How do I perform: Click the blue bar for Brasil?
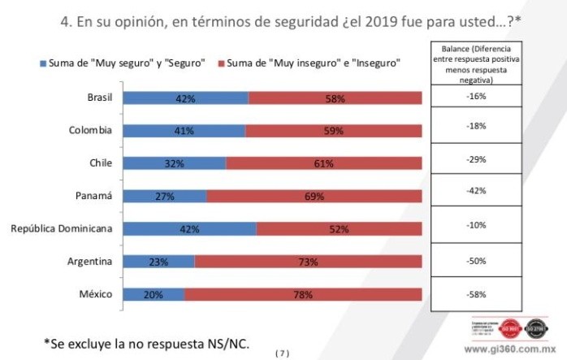coord(185,98)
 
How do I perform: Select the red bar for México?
coord(303,294)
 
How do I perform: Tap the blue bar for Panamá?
coord(165,196)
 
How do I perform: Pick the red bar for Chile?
coord(323,163)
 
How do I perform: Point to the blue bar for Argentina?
coord(159,262)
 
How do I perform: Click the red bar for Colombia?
coord(333,131)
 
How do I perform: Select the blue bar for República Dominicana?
coord(189,229)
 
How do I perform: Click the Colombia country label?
coord(89,130)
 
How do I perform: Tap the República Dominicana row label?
coord(61,228)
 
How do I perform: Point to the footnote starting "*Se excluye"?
coord(146,344)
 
